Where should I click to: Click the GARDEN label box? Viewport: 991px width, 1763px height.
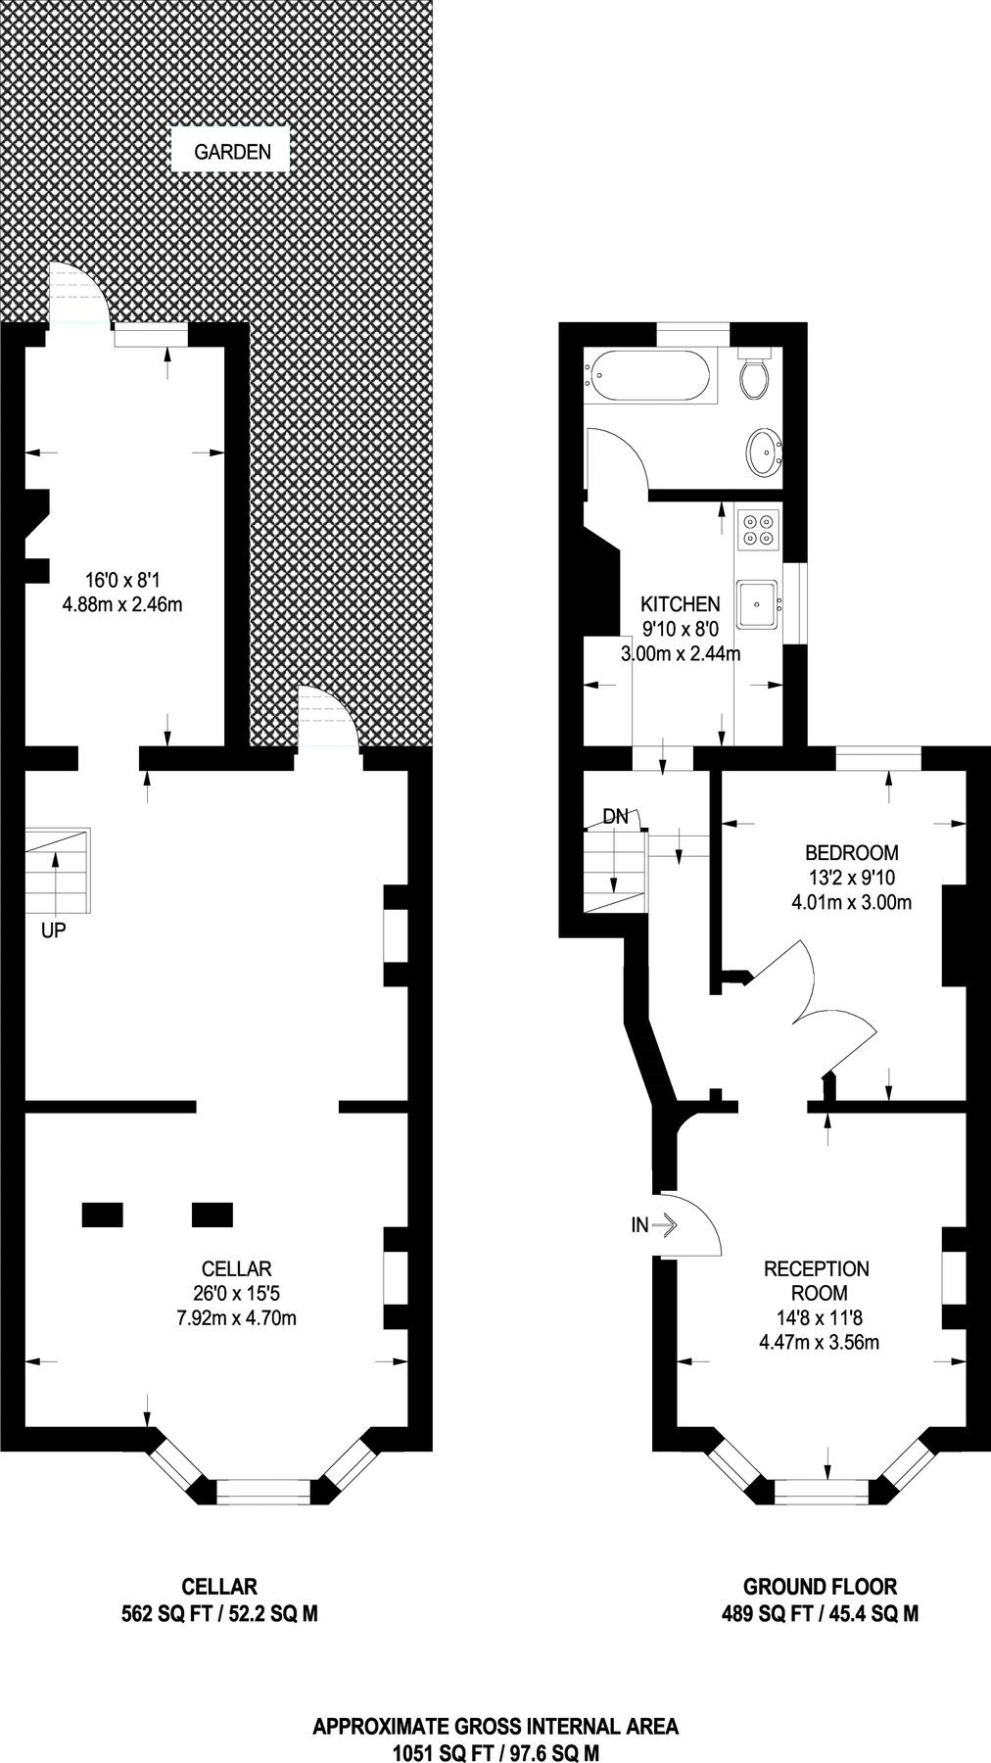pyautogui.click(x=232, y=152)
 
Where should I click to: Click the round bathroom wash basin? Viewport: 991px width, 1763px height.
pyautogui.click(x=763, y=451)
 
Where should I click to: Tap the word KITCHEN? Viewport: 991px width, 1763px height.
pyautogui.click(x=680, y=604)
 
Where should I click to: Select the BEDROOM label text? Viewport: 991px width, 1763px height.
pyautogui.click(x=851, y=852)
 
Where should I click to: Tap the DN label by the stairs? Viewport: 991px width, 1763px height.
pyautogui.click(x=615, y=817)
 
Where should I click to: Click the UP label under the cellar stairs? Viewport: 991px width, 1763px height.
pyautogui.click(x=53, y=930)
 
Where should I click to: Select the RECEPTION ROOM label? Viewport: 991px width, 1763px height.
pyautogui.click(x=816, y=1280)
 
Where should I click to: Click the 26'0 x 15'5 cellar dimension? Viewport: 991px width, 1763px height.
pyautogui.click(x=236, y=1293)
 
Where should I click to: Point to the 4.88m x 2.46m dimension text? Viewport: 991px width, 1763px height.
pyautogui.click(x=122, y=604)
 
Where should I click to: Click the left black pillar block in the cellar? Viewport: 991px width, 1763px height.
pyautogui.click(x=102, y=1215)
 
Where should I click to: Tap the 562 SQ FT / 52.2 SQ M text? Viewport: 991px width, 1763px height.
pyautogui.click(x=219, y=1614)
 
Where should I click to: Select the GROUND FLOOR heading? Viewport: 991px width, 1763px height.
pyautogui.click(x=820, y=1587)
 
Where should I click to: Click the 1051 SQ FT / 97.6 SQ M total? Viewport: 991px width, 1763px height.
pyautogui.click(x=495, y=1751)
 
